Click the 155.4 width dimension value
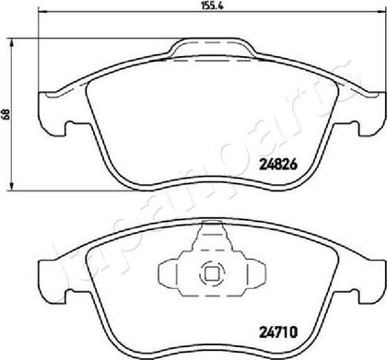click(x=212, y=6)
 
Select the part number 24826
click(x=278, y=165)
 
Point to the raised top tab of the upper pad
click(x=213, y=47)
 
